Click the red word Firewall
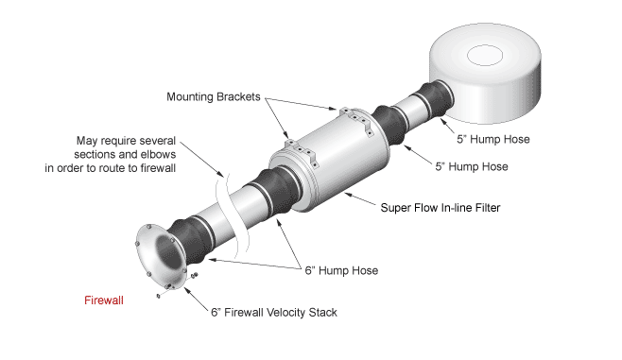[x=104, y=300]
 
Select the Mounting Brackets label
[x=214, y=96]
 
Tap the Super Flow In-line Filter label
[x=441, y=207]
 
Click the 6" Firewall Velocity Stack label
[x=274, y=313]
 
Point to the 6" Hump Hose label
[x=341, y=270]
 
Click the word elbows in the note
[x=158, y=154]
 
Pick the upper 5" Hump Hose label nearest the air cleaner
[x=493, y=139]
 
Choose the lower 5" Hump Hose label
[x=472, y=166]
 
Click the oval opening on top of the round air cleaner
[x=485, y=56]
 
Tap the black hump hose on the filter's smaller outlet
[x=389, y=124]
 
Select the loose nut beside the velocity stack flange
[x=195, y=275]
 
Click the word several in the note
[x=154, y=141]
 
